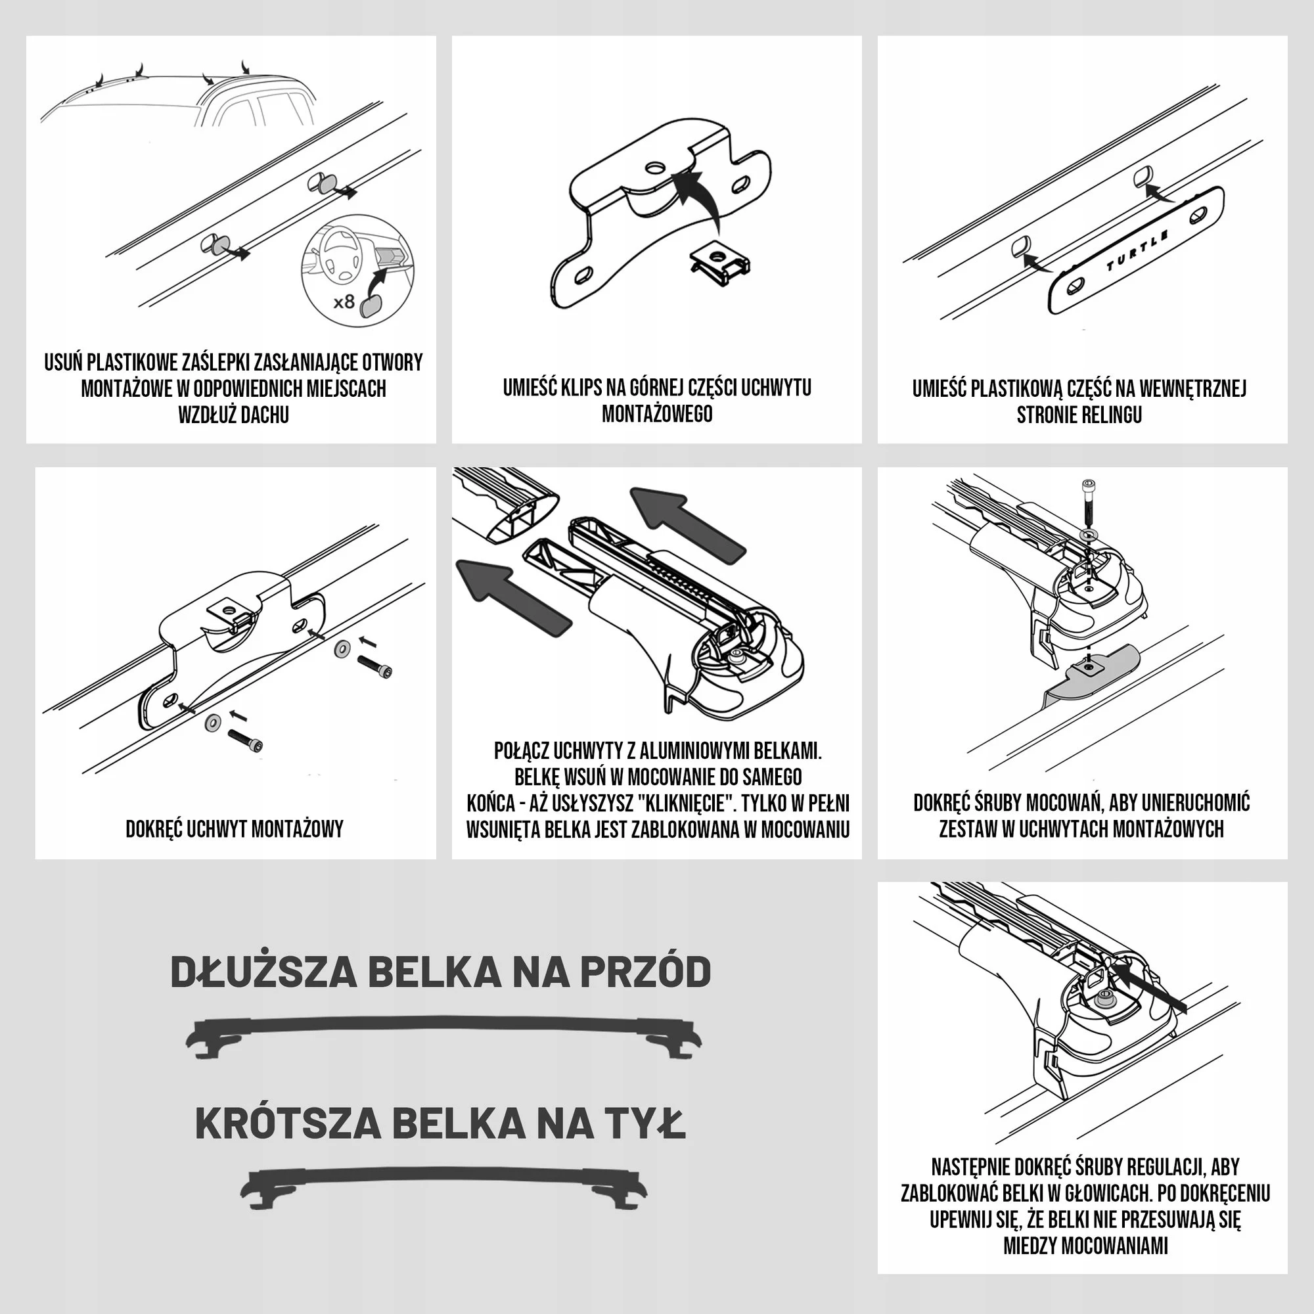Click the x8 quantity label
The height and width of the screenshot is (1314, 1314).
(345, 302)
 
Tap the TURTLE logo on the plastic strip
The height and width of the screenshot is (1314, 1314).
(1137, 250)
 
